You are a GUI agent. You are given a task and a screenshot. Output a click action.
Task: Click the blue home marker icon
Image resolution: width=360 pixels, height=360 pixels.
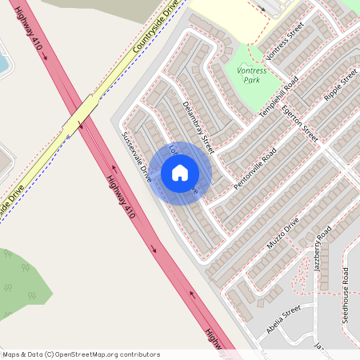(x=180, y=173)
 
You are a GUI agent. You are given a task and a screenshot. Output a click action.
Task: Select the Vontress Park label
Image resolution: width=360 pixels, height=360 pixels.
(x=252, y=74)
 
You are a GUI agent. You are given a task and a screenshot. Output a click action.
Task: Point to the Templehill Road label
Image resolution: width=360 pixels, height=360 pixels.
(x=278, y=98)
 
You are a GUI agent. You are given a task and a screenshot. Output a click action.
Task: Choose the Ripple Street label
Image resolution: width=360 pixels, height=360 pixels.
(x=338, y=94)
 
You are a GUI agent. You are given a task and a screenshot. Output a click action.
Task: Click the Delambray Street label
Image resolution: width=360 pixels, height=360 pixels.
(x=198, y=127)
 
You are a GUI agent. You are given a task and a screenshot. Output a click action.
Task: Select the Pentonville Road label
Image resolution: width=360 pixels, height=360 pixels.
(x=255, y=167)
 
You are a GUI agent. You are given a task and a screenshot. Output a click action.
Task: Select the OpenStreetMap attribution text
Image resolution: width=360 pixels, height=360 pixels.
(x=81, y=354)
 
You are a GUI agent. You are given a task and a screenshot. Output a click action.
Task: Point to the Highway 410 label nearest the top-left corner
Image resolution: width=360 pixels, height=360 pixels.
(x=29, y=43)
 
